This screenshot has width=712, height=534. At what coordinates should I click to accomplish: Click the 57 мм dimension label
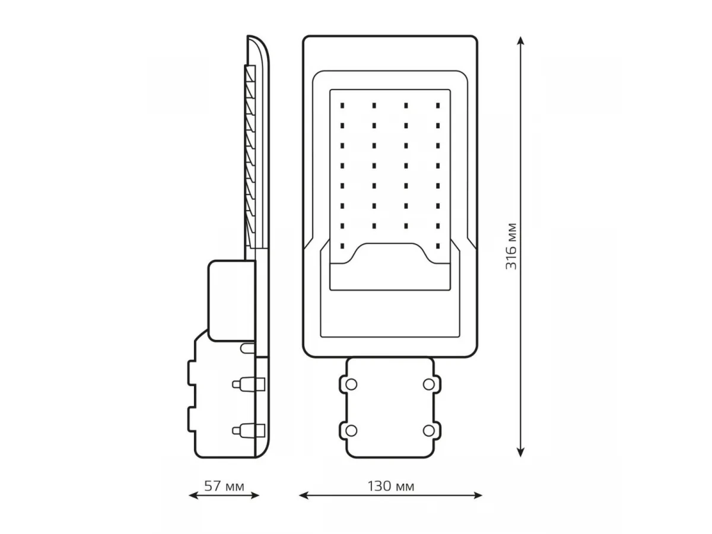tap(224, 487)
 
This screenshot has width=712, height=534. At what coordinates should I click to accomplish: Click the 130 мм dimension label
tap(390, 487)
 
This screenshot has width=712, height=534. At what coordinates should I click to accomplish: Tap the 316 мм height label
tap(511, 246)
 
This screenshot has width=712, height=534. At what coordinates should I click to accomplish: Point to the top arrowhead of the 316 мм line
tap(520, 41)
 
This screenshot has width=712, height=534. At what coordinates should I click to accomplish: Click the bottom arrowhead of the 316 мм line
tap(520, 453)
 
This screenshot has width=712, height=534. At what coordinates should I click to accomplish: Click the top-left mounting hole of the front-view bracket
tap(351, 384)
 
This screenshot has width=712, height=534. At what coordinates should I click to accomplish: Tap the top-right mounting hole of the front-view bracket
tap(429, 384)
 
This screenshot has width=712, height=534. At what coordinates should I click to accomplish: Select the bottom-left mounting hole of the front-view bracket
tap(351, 431)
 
